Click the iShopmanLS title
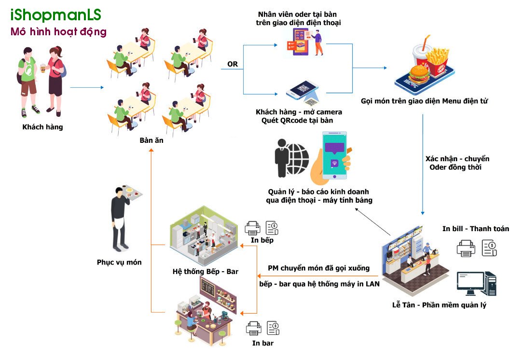tap(56, 15)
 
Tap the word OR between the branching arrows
tap(232, 64)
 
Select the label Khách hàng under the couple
tap(42, 127)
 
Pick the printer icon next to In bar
tap(253, 329)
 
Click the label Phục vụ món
tap(119, 263)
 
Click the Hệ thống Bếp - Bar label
tap(206, 272)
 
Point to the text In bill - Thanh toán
tap(475, 229)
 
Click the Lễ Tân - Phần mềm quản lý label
tap(439, 305)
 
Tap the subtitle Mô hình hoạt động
tap(58, 32)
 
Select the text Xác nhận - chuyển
tap(457, 159)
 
